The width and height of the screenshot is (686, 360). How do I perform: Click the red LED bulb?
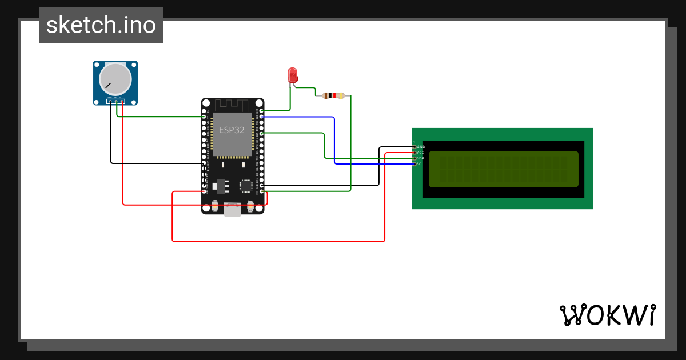292,75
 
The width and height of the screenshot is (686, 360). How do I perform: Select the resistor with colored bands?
334,95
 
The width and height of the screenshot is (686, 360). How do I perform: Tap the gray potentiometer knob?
115,79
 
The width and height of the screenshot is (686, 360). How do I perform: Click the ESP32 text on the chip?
232,130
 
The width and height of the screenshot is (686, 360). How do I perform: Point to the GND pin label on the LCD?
420,147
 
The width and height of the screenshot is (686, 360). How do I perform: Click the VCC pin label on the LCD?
420,153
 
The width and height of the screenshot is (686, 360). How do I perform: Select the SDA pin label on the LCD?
420,158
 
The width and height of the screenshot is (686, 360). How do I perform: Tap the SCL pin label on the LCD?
420,164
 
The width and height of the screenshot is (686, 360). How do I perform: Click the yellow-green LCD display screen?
503,169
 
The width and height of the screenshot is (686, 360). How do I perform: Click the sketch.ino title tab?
101,25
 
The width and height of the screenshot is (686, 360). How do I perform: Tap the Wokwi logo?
607,315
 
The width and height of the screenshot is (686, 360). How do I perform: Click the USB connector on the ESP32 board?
232,210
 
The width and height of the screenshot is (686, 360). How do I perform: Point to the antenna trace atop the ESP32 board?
232,105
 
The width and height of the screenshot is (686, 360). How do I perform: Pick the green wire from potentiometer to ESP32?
160,117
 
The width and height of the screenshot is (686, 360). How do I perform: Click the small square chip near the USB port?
246,185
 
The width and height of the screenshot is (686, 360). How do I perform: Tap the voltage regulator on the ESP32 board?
221,187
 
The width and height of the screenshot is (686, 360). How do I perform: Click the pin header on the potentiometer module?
115,102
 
